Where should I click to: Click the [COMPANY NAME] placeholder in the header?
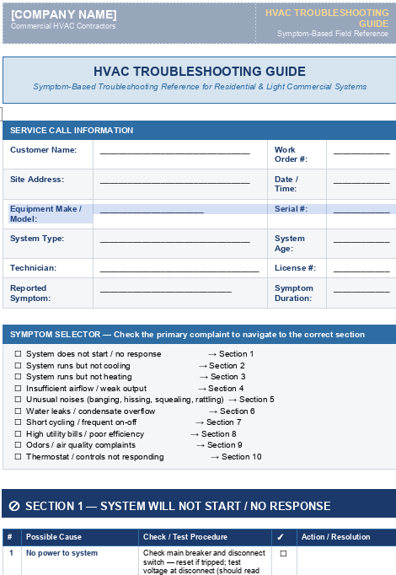point(64,14)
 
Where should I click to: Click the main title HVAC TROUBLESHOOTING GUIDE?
point(199,72)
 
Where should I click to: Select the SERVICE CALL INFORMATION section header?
point(72,131)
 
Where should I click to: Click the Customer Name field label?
point(44,150)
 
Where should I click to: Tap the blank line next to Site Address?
point(174,180)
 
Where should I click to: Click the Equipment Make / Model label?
point(45,213)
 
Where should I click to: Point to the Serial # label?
point(291,208)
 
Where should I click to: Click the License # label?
point(295,268)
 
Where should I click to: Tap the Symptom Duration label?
point(294,293)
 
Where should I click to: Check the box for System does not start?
point(18,354)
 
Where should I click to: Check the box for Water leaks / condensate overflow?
point(18,411)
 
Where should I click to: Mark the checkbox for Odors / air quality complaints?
point(18,445)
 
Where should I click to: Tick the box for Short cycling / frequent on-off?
point(18,422)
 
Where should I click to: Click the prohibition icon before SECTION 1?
point(14,506)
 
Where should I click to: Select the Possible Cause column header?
point(54,537)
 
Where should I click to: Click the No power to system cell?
point(62,553)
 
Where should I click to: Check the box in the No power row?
point(283,554)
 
